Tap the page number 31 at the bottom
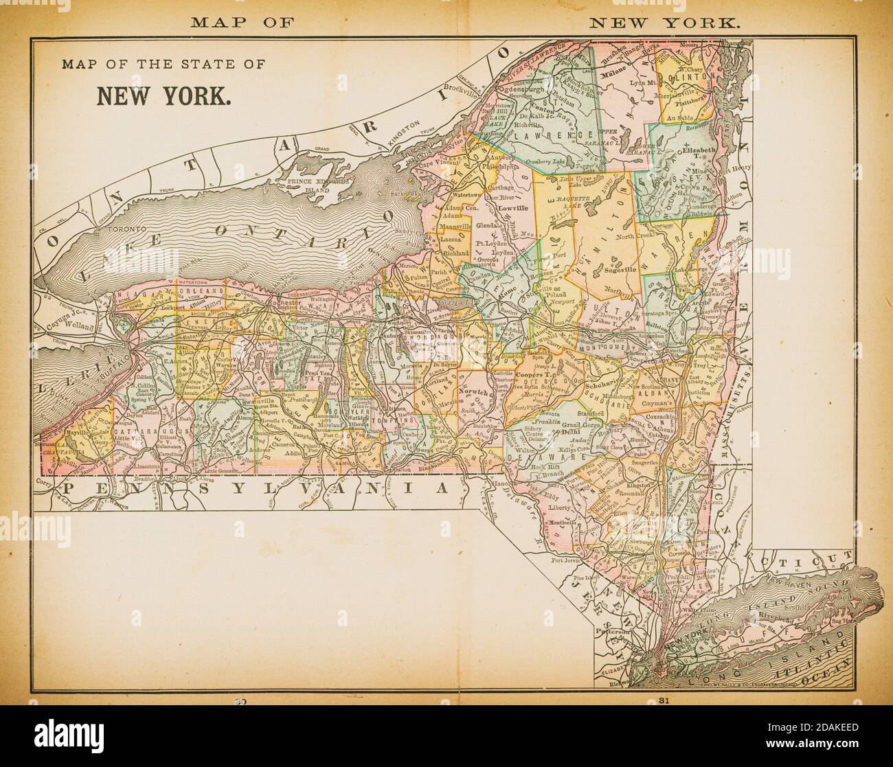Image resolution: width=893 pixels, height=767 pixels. coord(663,701)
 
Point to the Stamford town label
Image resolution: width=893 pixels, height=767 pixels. coord(591,414)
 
